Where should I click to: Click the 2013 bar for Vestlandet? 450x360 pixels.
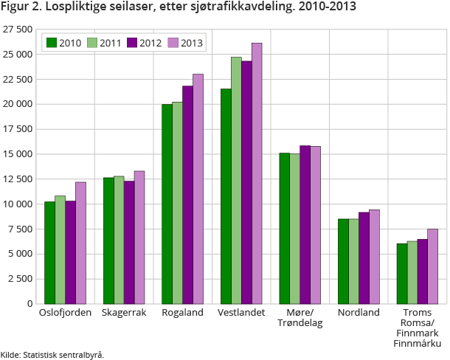click(257, 173)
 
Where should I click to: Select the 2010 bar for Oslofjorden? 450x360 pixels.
click(49, 252)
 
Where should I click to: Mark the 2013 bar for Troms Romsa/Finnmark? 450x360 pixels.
click(432, 266)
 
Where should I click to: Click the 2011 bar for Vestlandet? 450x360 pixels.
click(236, 180)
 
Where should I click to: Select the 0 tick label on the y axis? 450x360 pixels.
click(30, 303)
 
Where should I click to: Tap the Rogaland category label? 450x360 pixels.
click(182, 313)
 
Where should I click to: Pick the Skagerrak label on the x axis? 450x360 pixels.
click(124, 313)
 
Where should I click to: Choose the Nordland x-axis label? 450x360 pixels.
click(359, 313)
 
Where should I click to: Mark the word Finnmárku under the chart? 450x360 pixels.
click(417, 344)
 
